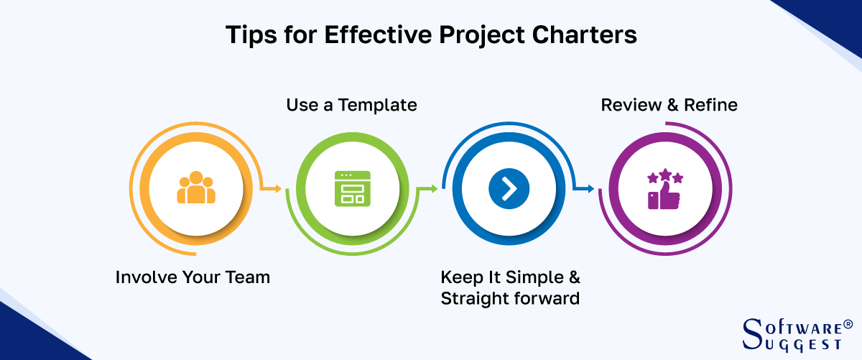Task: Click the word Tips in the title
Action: (251, 35)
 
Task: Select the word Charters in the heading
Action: (585, 35)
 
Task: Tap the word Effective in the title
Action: (379, 35)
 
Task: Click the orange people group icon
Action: (196, 188)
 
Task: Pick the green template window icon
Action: (353, 189)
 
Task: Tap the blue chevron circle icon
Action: (509, 189)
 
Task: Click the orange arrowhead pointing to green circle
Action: (278, 189)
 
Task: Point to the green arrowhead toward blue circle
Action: (434, 189)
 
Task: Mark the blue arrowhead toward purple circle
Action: (590, 189)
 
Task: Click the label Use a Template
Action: (351, 105)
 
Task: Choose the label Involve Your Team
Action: (193, 277)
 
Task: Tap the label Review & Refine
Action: (669, 105)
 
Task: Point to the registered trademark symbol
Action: (848, 325)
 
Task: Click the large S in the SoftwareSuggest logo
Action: (752, 334)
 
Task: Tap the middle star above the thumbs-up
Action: (665, 174)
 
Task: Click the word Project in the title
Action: (482, 35)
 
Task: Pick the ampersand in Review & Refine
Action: (672, 105)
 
